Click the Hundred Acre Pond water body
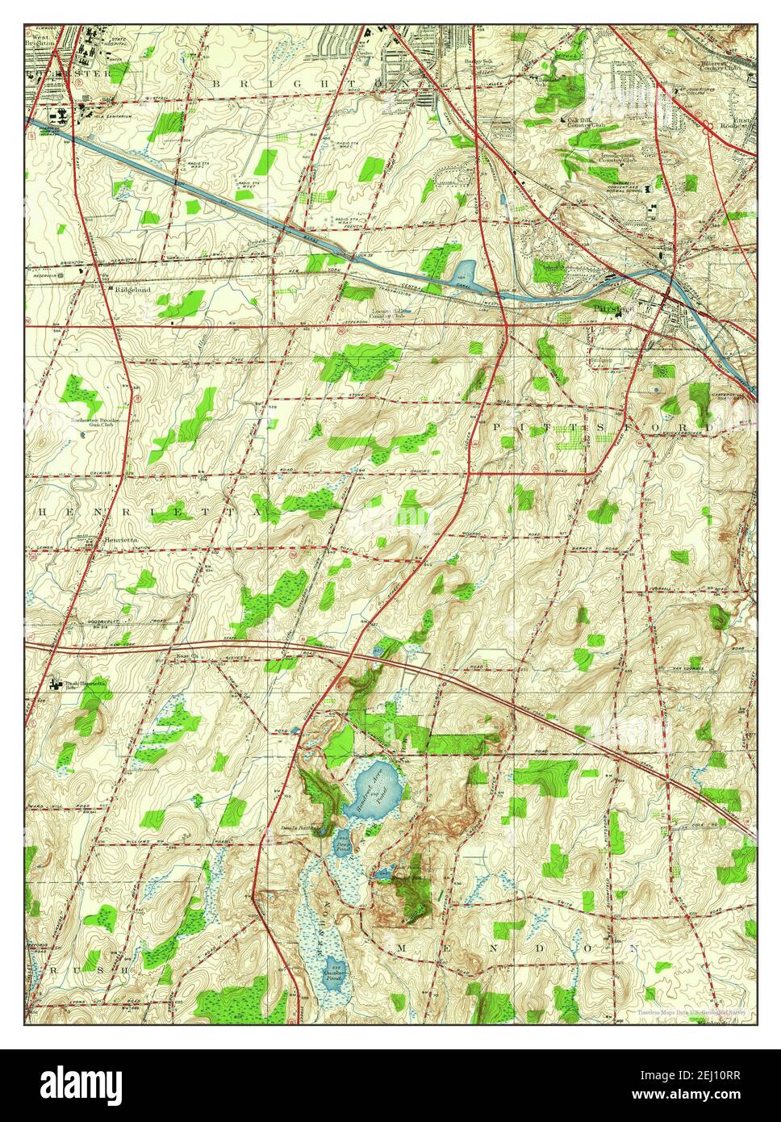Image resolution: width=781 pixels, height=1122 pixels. coord(373,792)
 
